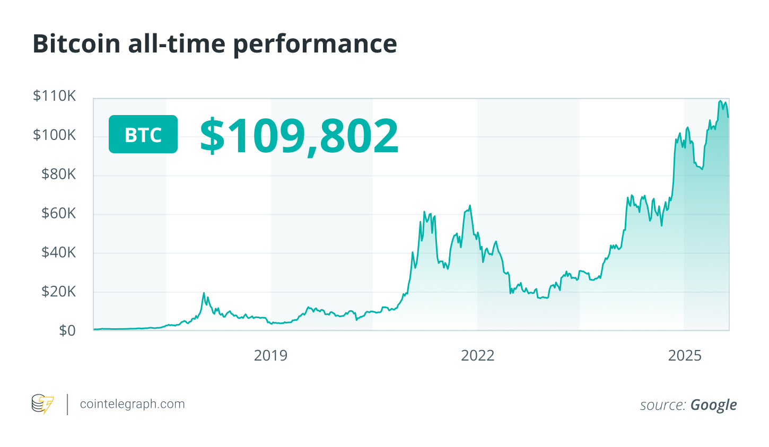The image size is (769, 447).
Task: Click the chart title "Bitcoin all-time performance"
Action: (x=215, y=43)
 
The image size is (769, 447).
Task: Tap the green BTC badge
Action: (x=143, y=134)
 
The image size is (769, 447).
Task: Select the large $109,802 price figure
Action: (x=299, y=135)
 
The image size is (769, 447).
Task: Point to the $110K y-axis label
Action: (x=55, y=96)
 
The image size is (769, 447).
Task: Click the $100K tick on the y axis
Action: (x=55, y=135)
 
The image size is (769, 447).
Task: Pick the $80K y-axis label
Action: (x=59, y=174)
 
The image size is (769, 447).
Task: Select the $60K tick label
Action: (x=59, y=213)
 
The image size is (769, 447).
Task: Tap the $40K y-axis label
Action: (x=59, y=252)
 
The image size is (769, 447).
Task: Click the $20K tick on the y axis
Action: (x=59, y=291)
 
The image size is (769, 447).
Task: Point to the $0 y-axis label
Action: (x=67, y=330)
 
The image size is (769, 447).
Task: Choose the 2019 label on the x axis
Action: (x=270, y=355)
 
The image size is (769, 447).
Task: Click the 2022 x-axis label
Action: (x=478, y=355)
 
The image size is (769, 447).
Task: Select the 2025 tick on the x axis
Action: (x=685, y=355)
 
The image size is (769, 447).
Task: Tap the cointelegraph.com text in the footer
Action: (x=132, y=404)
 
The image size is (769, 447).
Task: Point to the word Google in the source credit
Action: (x=713, y=405)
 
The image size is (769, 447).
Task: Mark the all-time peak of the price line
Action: (x=720, y=101)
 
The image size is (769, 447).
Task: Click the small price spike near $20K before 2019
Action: (x=204, y=293)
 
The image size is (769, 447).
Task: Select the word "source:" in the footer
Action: (x=662, y=405)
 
